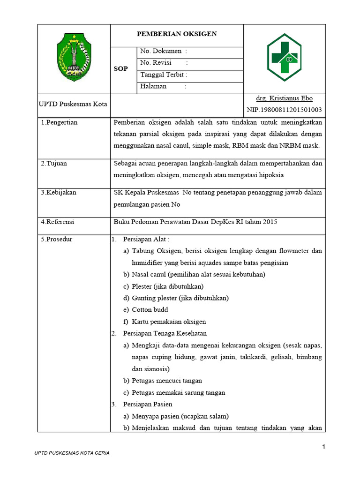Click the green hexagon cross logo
pos(284,57)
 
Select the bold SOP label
pos(121,69)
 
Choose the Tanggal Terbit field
pos(164,75)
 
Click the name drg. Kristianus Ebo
pos(284,98)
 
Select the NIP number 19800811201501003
pos(284,110)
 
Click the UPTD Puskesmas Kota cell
pos(73,104)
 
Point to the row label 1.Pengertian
pos(59,122)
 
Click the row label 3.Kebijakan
pos(59,192)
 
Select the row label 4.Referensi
pos(58,222)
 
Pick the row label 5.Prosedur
pos(56,239)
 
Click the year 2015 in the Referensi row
pos(270,222)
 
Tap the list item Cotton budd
pos(150,310)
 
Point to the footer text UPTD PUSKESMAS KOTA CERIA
pos(72,454)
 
